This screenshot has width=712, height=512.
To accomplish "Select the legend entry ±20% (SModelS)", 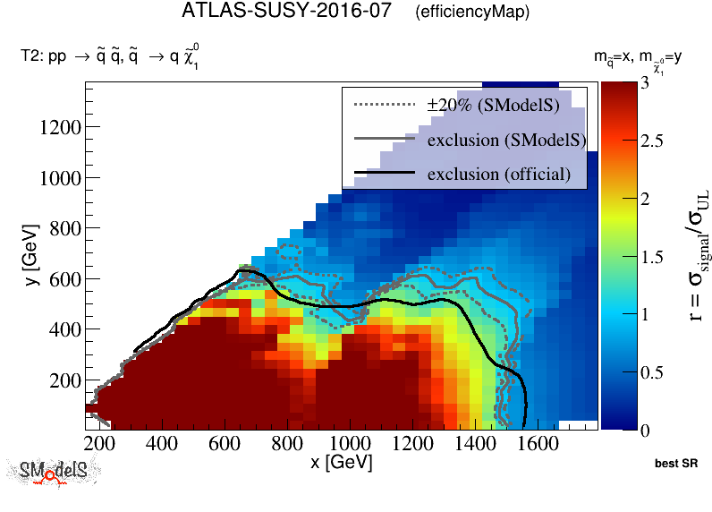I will coord(493,106).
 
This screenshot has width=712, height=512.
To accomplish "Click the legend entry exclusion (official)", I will coord(498,173).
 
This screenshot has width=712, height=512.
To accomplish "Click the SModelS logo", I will coord(53,472).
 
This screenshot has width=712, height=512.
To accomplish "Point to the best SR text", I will coord(675,465).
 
